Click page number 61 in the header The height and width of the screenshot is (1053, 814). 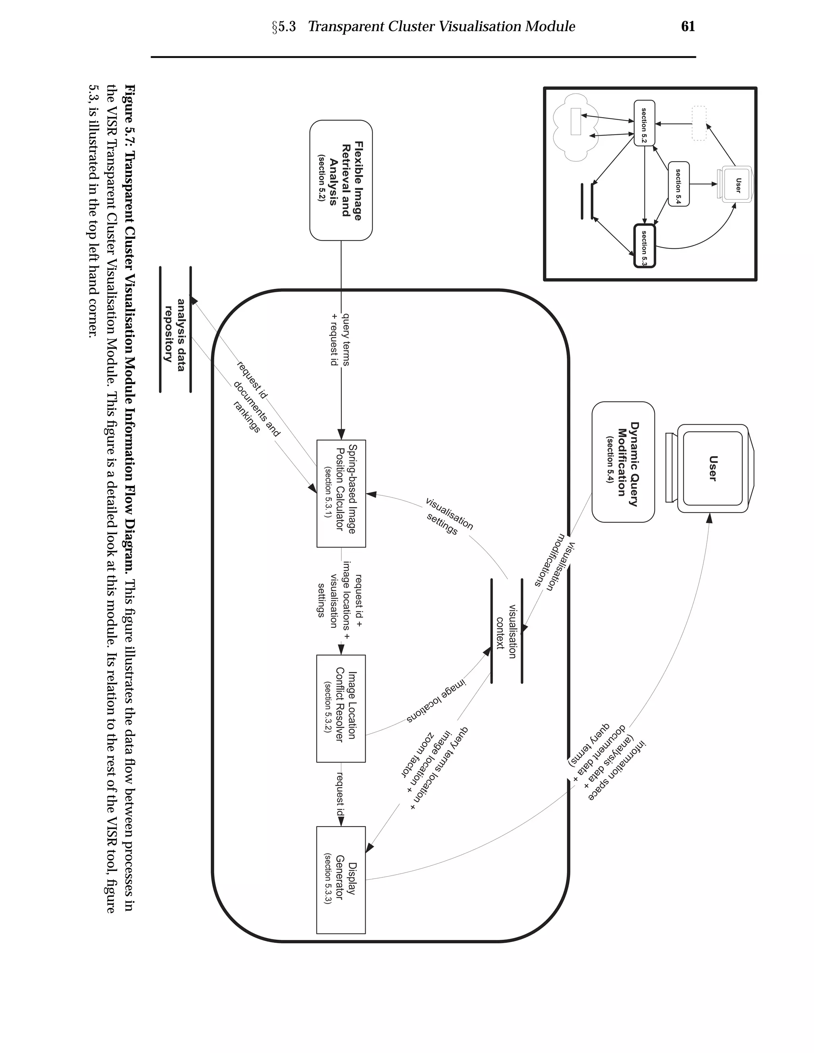pos(688,27)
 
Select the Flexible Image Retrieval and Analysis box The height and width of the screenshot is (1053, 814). pos(341,180)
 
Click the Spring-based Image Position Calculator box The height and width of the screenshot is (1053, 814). pos(341,493)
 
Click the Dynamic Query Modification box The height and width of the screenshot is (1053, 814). pos(623,462)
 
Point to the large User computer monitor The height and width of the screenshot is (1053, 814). pos(712,468)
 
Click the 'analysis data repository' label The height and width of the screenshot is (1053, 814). pos(174,330)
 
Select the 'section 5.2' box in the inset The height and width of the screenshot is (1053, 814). pos(644,123)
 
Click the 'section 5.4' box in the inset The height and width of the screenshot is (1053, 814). pos(678,184)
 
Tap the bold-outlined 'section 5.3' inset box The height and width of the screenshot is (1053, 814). pos(644,246)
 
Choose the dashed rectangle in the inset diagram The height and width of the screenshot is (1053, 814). pos(699,124)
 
